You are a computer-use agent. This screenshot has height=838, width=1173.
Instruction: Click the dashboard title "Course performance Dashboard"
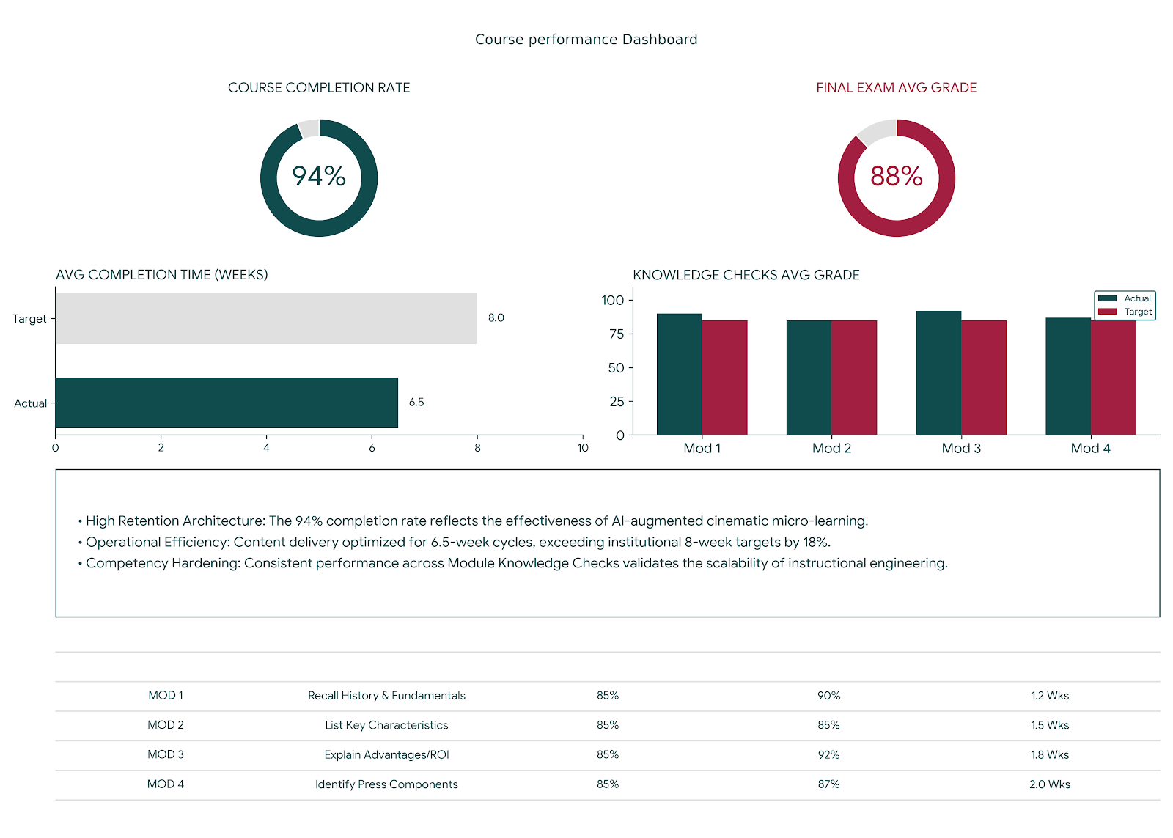pos(586,40)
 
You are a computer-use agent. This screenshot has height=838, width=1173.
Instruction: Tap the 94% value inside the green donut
pos(319,176)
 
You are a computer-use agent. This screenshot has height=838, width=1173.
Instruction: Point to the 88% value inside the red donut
pos(896,176)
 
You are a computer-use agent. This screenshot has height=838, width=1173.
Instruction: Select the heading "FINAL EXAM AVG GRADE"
pos(896,88)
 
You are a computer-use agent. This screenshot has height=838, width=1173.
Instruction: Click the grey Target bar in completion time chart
pos(266,318)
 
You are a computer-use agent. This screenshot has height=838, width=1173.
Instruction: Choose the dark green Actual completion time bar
pos(227,403)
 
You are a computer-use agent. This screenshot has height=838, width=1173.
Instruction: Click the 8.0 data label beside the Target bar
pos(496,317)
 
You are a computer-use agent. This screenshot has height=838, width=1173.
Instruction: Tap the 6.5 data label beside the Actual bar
pos(416,402)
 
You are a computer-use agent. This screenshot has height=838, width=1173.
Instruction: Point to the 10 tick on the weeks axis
pos(583,448)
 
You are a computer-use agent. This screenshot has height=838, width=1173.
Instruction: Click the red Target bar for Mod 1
pos(724,378)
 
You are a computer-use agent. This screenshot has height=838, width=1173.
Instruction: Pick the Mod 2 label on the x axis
pos(831,448)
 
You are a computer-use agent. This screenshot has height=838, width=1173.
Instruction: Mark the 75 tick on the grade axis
pos(616,334)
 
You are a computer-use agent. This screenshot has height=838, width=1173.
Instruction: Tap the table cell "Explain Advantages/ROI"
pos(386,754)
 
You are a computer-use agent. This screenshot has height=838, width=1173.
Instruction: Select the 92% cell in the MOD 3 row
pos(828,754)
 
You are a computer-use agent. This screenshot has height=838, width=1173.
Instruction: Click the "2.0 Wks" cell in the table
pos(1049,784)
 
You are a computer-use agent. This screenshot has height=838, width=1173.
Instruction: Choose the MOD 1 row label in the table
pos(166,695)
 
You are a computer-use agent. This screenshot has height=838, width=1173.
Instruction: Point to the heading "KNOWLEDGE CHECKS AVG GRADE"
pos(746,275)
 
